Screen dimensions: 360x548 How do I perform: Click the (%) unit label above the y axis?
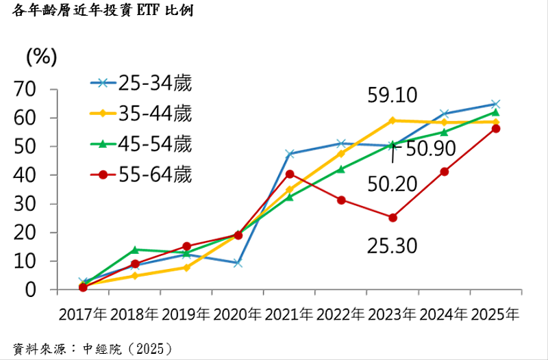[x=41, y=57]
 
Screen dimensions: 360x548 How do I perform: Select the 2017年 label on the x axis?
[x=83, y=316]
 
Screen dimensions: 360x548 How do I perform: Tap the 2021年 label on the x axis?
[x=289, y=316]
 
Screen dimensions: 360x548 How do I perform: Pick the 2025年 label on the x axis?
[x=495, y=316]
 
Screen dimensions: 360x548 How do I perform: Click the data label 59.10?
[x=393, y=95]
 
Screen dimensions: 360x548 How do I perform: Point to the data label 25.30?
[x=393, y=245]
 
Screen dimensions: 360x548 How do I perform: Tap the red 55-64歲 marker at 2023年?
[x=393, y=218]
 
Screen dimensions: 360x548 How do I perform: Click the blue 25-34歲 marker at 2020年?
[x=238, y=263]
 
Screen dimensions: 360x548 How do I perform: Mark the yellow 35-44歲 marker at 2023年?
[x=393, y=120]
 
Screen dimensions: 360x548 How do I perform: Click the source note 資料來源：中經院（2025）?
[x=92, y=348]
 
